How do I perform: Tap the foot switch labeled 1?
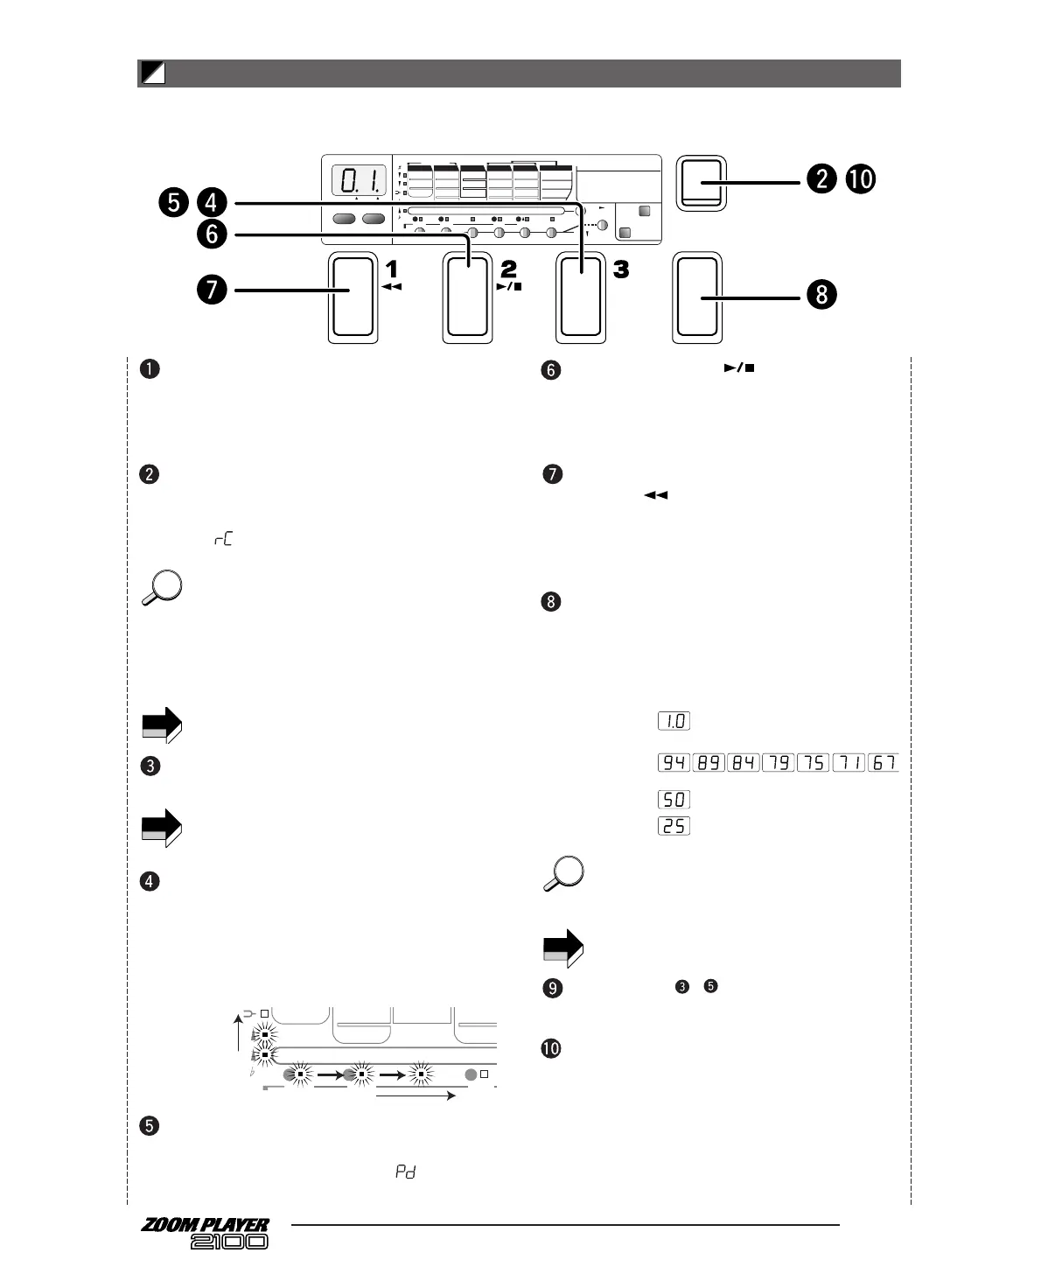tap(353, 297)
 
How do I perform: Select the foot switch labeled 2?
tap(467, 297)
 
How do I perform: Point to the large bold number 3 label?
tap(621, 270)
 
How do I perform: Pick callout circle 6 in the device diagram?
tap(212, 234)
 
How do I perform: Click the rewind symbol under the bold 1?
tap(392, 286)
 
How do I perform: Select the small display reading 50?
tap(674, 800)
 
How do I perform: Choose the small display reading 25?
tap(674, 826)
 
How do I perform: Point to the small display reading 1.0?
tap(674, 722)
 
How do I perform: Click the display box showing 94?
tap(674, 763)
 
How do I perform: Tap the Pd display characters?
tap(405, 1172)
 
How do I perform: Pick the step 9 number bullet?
tap(552, 988)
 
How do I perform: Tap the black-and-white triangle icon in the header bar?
tap(153, 74)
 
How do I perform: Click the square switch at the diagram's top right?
tap(702, 184)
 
